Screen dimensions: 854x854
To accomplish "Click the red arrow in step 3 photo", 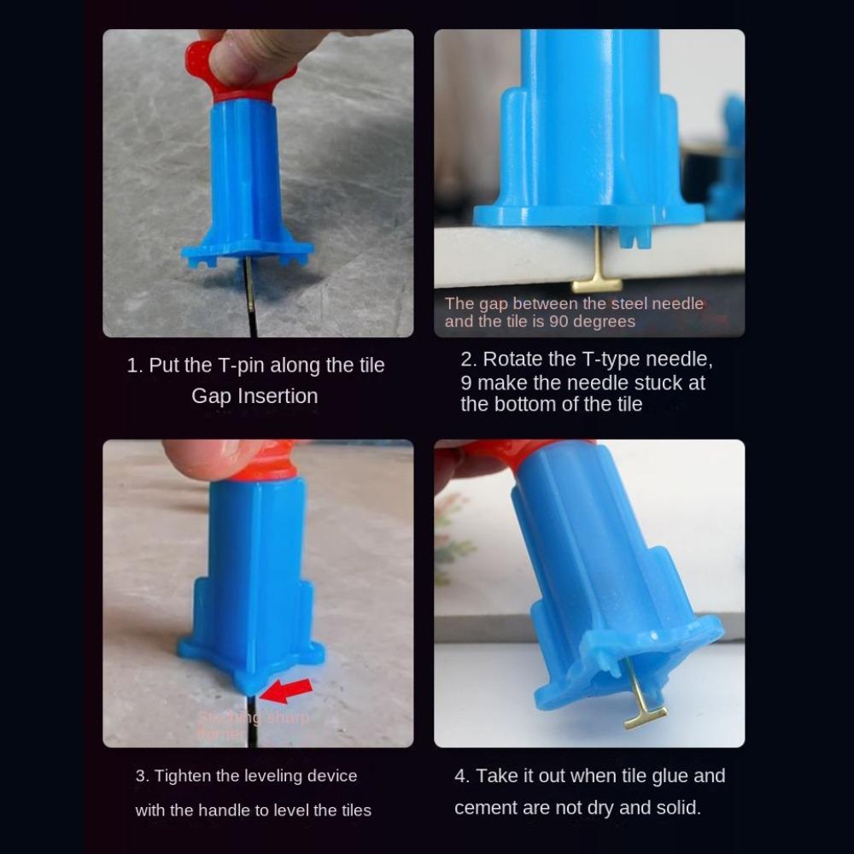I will point(287,688).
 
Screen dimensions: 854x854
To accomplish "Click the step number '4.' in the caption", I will point(462,776).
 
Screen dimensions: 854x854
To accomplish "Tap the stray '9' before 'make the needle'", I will point(466,383).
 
